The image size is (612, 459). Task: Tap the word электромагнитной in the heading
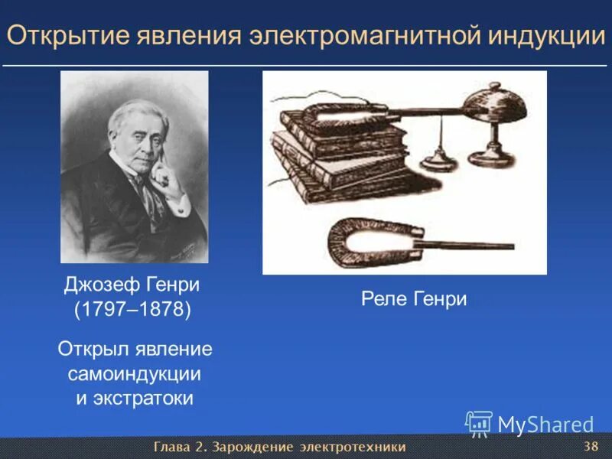366,36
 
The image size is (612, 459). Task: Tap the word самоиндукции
135,374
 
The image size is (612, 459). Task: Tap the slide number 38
590,446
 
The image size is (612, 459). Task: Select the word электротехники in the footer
353,447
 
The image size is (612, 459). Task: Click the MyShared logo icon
479,423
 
